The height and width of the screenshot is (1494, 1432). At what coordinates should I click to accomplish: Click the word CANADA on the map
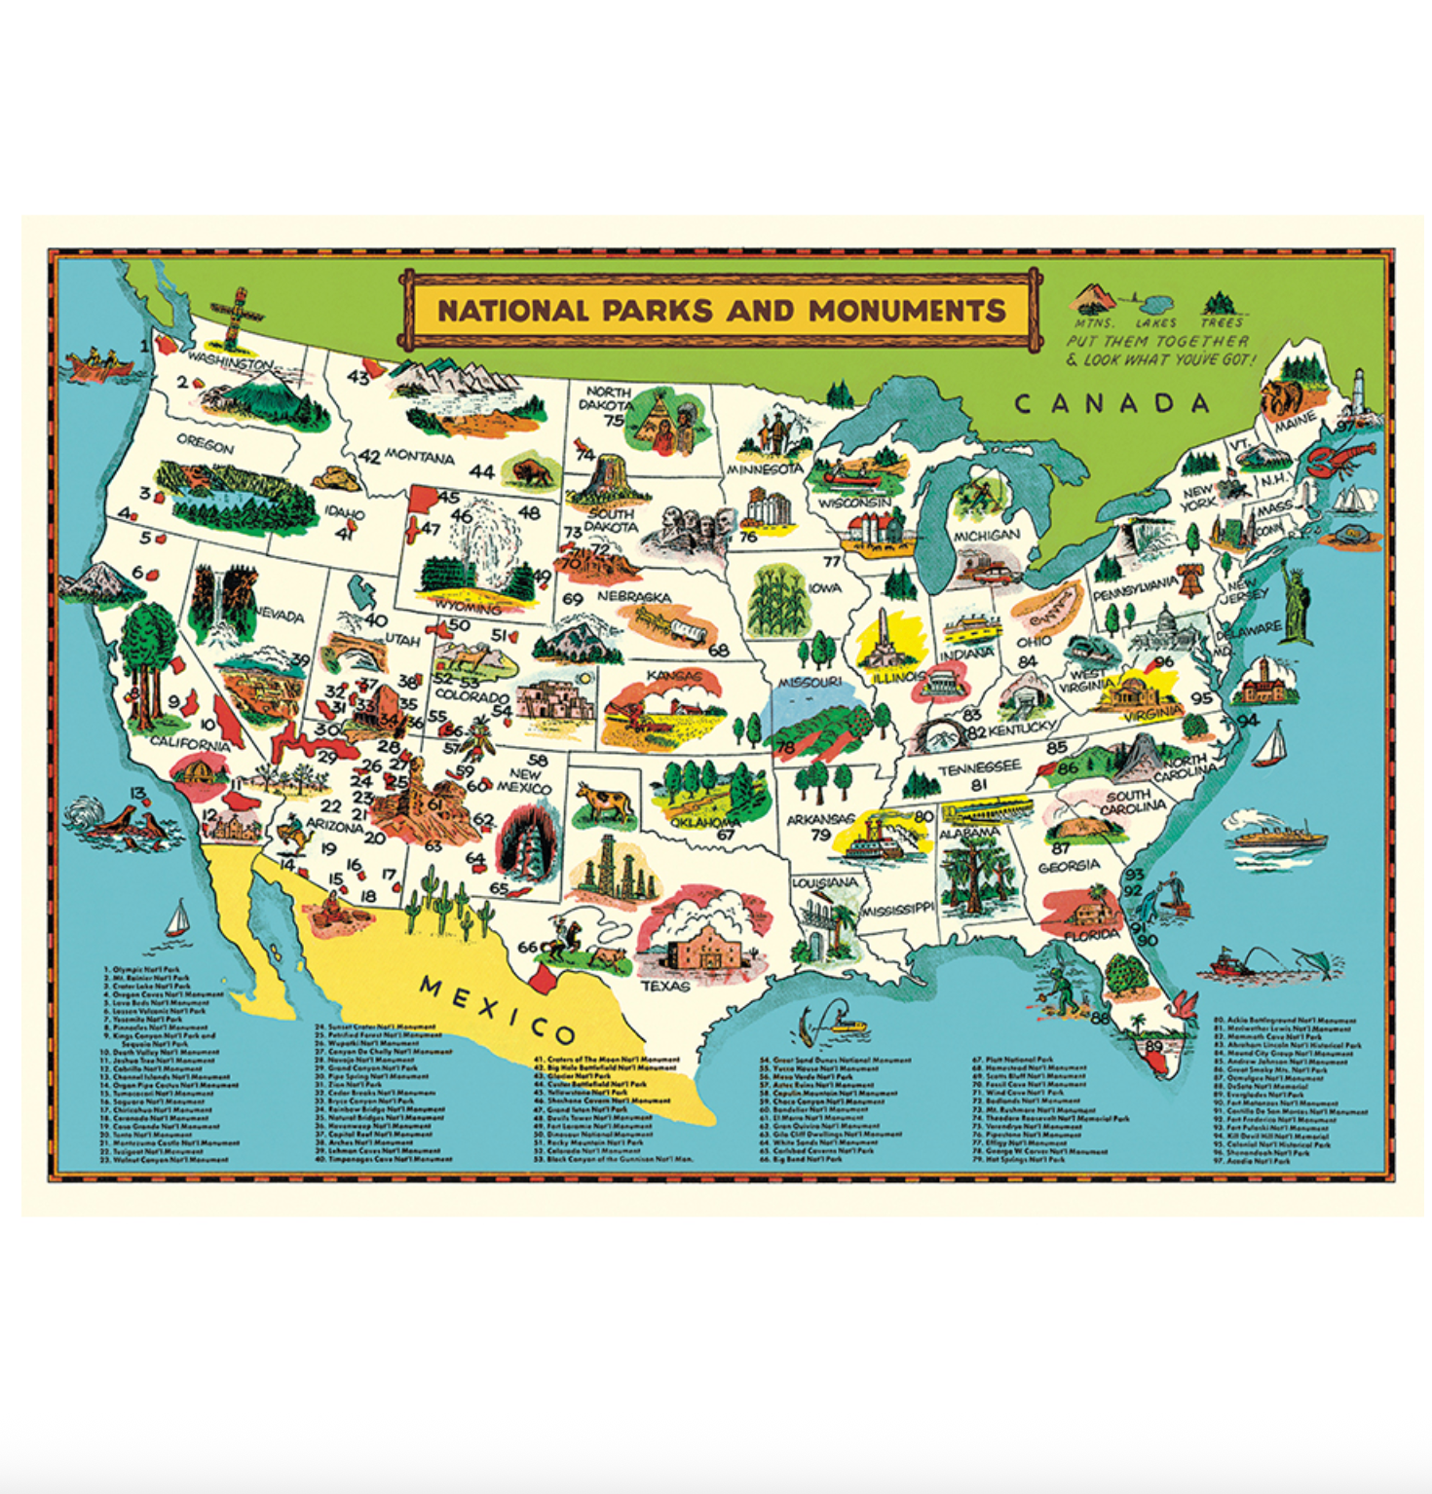point(1112,403)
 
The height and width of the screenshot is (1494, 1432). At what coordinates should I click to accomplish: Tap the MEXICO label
point(497,1010)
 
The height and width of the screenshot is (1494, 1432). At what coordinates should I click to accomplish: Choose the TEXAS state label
point(665,986)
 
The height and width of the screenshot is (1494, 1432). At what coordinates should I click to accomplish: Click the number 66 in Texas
point(528,947)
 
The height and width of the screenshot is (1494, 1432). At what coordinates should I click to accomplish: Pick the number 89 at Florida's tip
point(1154,1046)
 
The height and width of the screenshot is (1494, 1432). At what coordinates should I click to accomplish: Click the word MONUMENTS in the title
point(906,311)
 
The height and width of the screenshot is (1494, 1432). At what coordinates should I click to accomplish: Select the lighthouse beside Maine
point(1361,394)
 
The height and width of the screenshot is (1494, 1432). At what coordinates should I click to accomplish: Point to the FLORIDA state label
point(1091,935)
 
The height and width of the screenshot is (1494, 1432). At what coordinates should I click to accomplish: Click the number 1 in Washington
point(145,345)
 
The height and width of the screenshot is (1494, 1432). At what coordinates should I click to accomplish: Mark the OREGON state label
point(205,445)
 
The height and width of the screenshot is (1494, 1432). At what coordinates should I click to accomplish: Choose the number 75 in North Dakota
point(614,421)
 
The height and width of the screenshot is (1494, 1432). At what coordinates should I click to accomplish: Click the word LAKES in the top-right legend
point(1156,322)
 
